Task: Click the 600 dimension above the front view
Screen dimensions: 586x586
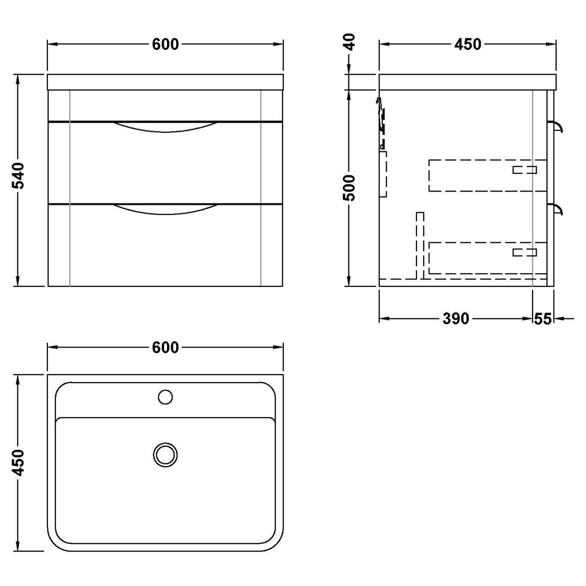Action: [165, 44]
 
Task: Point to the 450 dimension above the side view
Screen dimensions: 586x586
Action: [467, 44]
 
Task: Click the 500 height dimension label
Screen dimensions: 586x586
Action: [350, 187]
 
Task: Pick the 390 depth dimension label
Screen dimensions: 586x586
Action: [455, 318]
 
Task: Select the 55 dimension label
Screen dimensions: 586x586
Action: [543, 318]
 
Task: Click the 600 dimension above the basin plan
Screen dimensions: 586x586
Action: [165, 348]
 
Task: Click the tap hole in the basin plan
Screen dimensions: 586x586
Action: [165, 396]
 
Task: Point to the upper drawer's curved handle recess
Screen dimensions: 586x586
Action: [166, 127]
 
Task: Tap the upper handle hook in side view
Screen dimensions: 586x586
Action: [558, 126]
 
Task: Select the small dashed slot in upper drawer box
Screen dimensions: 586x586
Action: [525, 169]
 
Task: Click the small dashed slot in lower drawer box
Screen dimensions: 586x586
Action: [525, 252]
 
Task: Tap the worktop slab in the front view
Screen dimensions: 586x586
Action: [166, 82]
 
